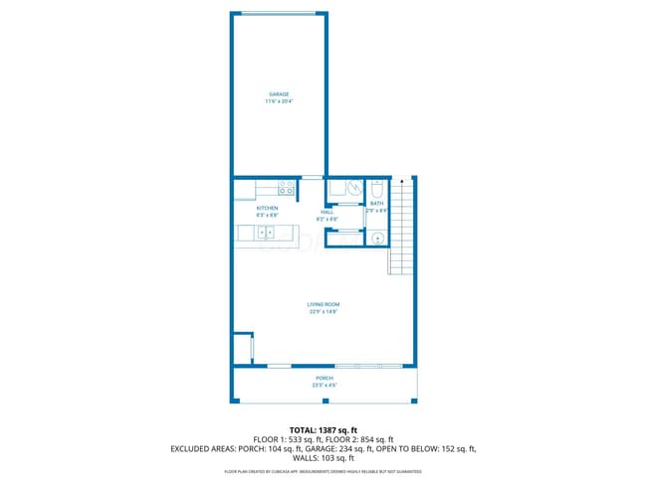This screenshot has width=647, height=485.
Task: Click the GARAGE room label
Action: pos(278,94)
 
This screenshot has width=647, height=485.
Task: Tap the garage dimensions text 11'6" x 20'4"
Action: pos(278,101)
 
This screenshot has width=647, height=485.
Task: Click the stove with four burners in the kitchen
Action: pos(287,187)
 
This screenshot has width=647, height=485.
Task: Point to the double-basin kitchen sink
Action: pos(267,233)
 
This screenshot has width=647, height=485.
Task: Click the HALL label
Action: pos(326,212)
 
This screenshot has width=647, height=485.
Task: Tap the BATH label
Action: pos(376,204)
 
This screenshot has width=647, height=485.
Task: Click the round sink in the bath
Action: pos(377,238)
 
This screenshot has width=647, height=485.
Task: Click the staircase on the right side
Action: pos(400,229)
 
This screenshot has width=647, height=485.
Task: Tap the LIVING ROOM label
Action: pos(323,304)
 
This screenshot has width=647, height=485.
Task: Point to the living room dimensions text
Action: pos(323,312)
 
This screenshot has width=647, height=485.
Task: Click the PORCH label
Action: pos(324,379)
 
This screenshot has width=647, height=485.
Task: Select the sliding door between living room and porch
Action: pos(369,366)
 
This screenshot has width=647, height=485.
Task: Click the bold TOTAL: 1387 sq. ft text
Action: pos(323,429)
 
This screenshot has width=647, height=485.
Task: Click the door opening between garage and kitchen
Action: pos(312,177)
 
